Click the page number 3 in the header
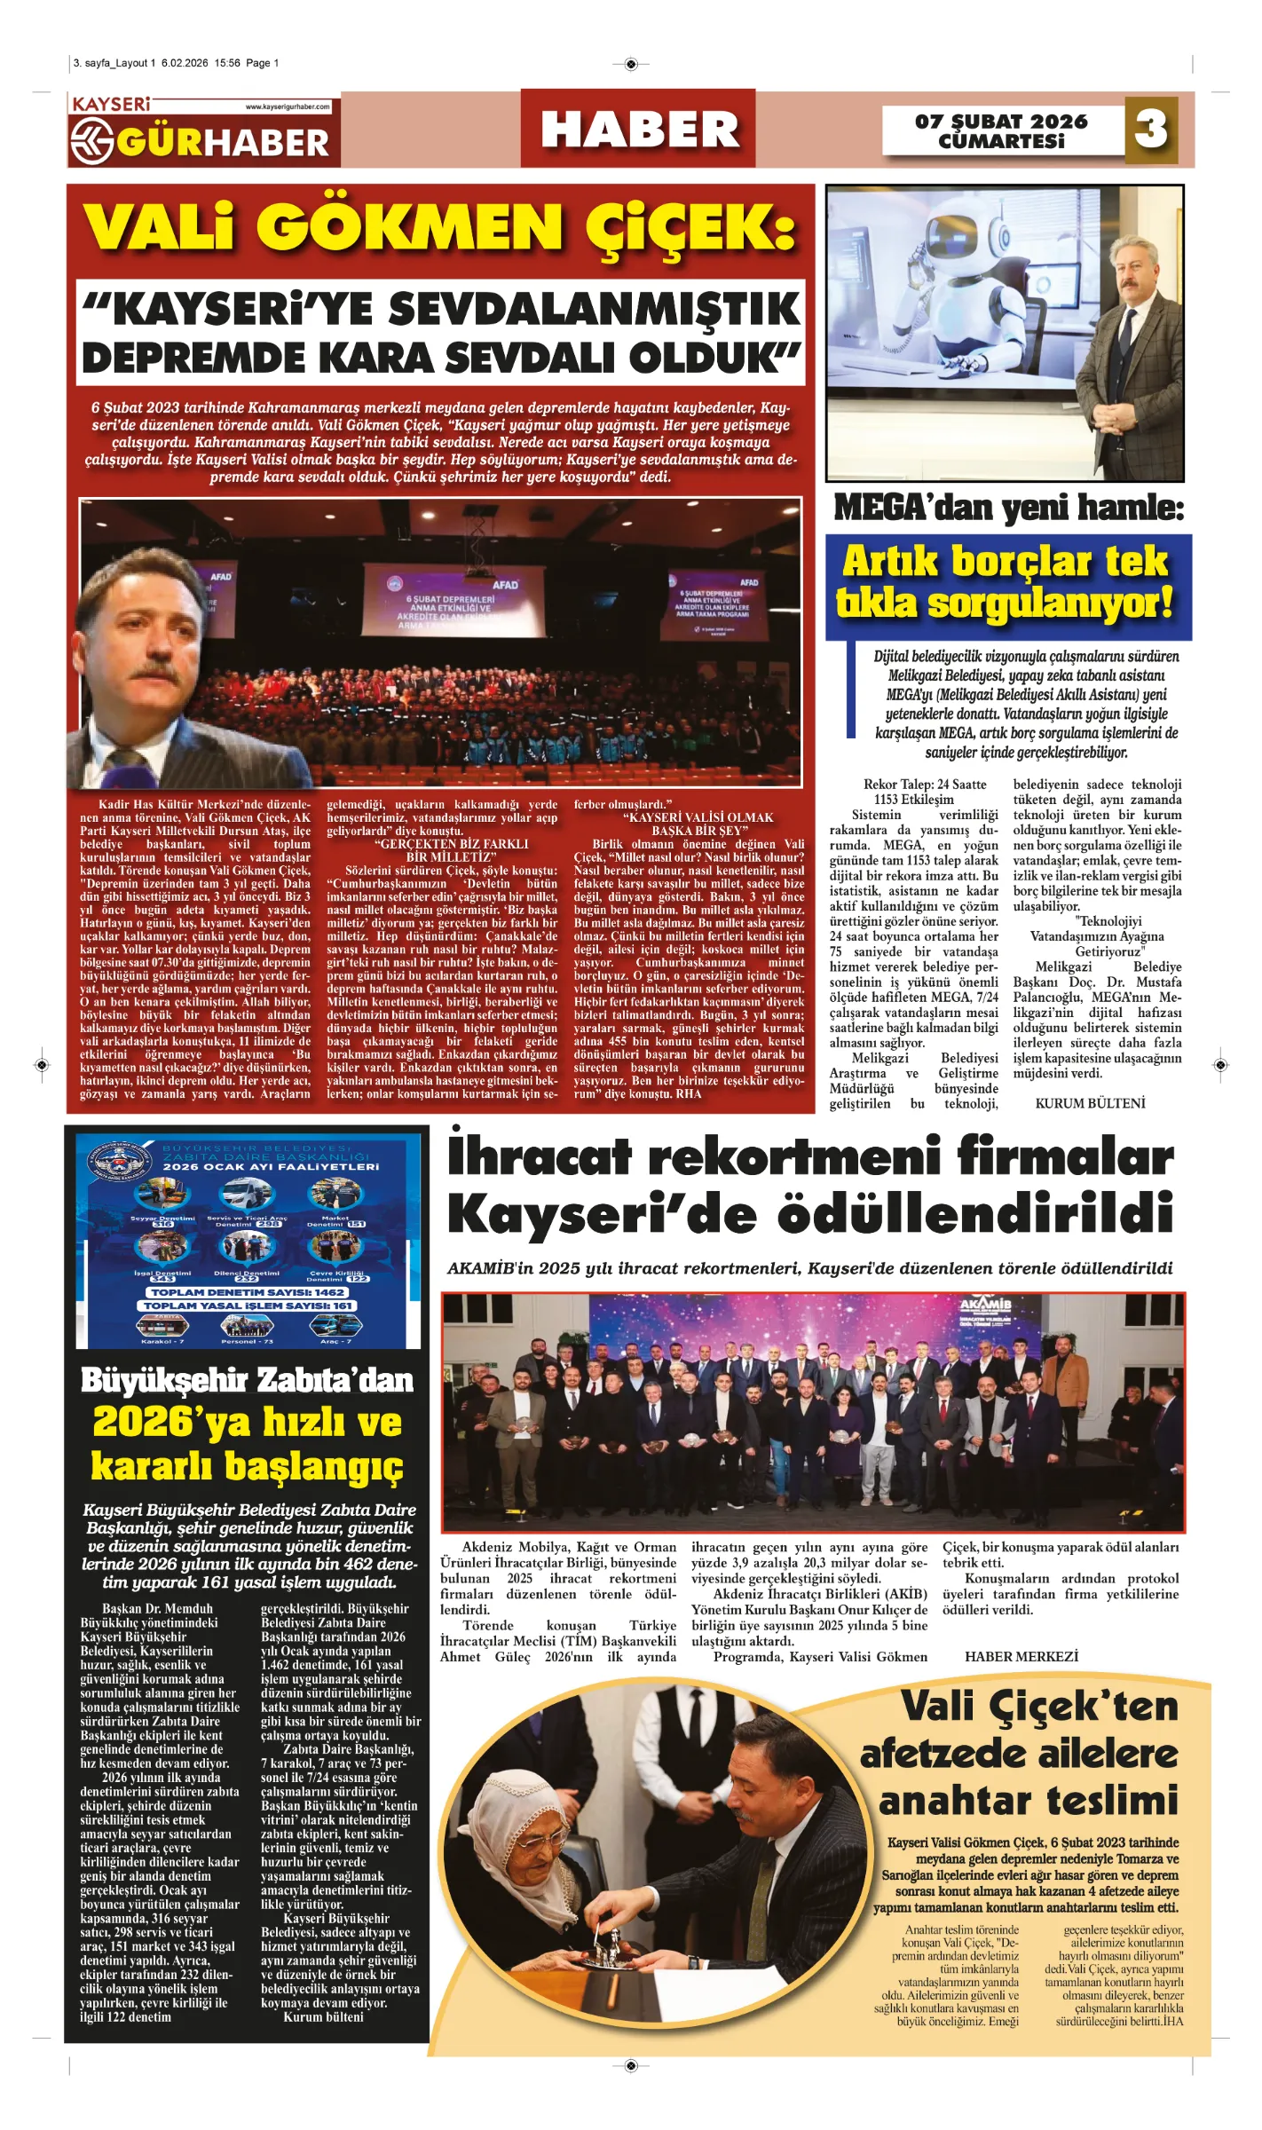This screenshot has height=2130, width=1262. [x=1151, y=130]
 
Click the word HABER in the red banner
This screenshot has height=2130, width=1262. [x=639, y=130]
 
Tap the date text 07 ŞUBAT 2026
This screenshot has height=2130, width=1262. [x=1001, y=122]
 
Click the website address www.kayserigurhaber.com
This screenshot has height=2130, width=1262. [x=288, y=106]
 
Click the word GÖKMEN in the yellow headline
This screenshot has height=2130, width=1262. [x=416, y=228]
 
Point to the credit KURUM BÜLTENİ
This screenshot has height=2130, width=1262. [x=1090, y=1103]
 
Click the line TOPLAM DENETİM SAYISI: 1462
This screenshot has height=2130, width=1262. [x=247, y=1292]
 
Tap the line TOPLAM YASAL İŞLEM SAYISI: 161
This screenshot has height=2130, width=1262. [x=247, y=1306]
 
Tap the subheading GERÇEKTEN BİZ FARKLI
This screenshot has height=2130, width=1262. [x=451, y=844]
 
